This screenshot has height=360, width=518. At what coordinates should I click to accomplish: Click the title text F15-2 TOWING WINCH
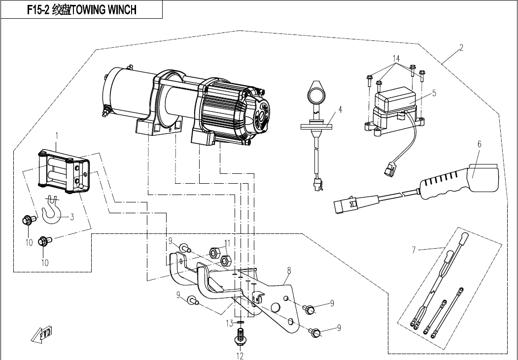[81, 9]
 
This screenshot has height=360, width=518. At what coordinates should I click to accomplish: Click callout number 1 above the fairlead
[57, 135]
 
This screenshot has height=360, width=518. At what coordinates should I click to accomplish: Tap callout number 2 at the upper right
[461, 48]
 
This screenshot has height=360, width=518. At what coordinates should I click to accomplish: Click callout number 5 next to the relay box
[479, 144]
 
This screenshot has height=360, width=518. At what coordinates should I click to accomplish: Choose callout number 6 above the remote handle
[414, 250]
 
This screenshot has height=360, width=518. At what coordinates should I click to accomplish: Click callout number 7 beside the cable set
[289, 270]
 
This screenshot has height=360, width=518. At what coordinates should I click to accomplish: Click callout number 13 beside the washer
[396, 58]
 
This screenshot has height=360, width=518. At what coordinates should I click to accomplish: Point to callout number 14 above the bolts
[227, 243]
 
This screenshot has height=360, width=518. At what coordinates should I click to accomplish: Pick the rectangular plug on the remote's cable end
[126, 94]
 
